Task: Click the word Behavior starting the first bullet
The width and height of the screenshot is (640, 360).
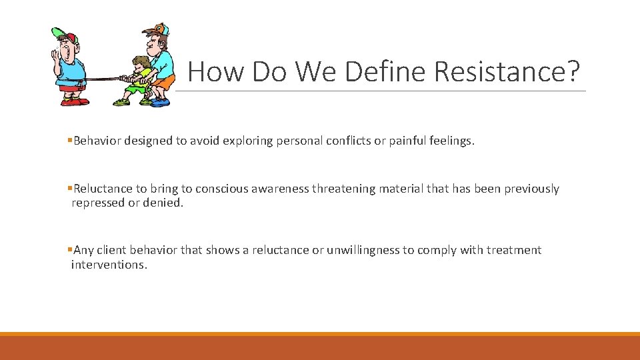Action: click(98, 141)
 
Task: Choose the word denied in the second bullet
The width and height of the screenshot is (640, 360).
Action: click(165, 203)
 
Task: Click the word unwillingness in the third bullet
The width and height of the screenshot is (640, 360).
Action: click(363, 250)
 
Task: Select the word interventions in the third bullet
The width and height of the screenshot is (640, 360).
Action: click(109, 265)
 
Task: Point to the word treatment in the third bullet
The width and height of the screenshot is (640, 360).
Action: click(513, 250)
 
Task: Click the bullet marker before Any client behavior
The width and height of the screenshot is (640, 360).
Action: click(70, 250)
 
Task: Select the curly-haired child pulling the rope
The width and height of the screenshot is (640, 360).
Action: click(138, 80)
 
